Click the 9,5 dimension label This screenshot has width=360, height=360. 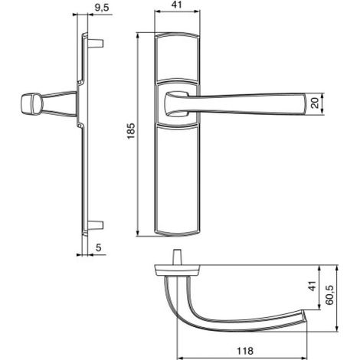102,8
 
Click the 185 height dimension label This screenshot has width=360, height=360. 131,131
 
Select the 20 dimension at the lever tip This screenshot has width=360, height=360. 316,103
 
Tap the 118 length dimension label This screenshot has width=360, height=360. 245,351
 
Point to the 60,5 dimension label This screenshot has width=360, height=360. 329,295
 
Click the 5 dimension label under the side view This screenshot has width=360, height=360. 99,247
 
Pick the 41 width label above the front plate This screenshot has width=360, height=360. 176,5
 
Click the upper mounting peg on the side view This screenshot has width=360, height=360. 96,44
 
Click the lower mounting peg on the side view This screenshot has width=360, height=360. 96,225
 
